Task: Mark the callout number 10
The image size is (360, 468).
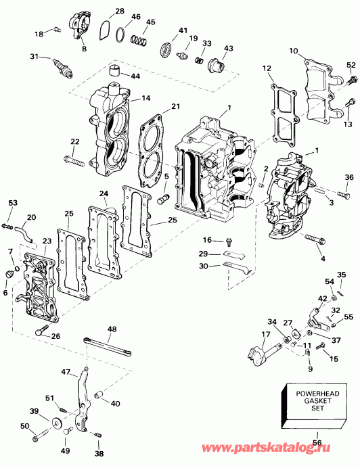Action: pos(294,51)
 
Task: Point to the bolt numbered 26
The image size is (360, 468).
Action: pos(42,331)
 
